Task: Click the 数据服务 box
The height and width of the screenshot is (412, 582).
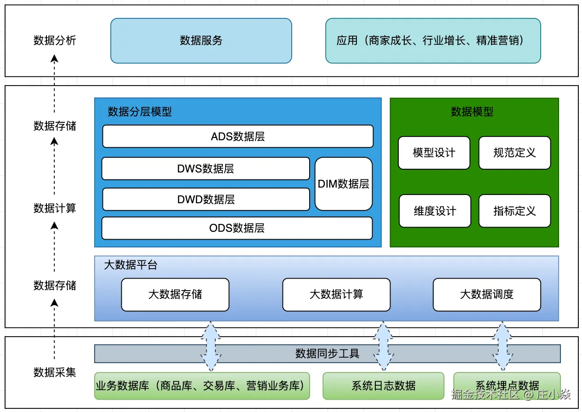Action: click(201, 40)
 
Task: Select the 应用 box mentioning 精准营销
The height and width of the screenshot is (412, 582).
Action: click(433, 40)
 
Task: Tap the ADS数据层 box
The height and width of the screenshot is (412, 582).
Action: click(237, 137)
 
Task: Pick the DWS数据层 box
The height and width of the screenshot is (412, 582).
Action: click(205, 169)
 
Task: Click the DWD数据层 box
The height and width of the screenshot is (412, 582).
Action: click(206, 200)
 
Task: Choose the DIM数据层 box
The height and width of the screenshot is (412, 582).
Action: click(344, 184)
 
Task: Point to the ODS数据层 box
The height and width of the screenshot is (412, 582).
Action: click(237, 228)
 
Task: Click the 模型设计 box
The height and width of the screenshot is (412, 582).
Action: click(434, 153)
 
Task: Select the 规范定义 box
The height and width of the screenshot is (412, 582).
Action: click(514, 153)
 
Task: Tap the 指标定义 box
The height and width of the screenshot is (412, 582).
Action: click(514, 211)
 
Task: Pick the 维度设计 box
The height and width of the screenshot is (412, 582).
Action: click(435, 211)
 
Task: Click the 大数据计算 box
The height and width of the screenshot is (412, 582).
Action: click(336, 294)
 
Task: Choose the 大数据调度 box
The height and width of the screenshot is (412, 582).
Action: click(487, 294)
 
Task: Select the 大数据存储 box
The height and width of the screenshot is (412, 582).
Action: click(175, 294)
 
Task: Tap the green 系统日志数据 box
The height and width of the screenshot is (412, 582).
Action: click(384, 386)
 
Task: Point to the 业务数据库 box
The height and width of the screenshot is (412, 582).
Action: click(202, 386)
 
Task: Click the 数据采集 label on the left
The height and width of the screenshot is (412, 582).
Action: click(55, 372)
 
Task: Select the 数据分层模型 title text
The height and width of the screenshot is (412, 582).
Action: click(140, 112)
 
